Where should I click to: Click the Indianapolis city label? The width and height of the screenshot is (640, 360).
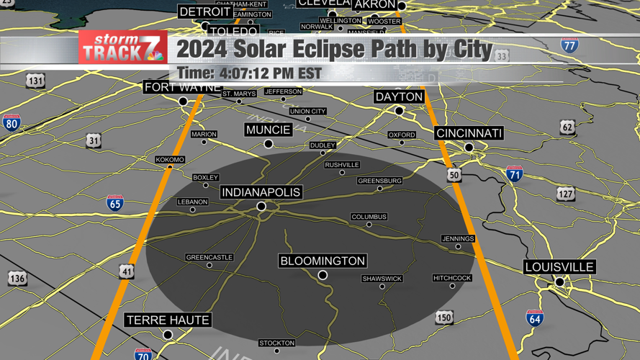[x=261, y=192]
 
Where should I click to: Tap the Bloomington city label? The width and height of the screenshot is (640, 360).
[x=323, y=261]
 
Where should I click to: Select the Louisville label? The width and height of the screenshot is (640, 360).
[x=559, y=267]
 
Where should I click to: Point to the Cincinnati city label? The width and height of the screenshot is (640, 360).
[x=469, y=133]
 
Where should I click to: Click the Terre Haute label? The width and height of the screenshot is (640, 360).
[x=168, y=320]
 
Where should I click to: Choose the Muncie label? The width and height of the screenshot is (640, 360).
[x=268, y=130]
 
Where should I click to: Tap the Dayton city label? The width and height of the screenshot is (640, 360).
[x=399, y=96]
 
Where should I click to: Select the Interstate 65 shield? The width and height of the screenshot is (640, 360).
[x=115, y=202]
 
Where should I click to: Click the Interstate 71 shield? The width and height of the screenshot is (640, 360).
[x=514, y=174]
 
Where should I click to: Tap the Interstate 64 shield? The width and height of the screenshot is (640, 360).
[x=534, y=318]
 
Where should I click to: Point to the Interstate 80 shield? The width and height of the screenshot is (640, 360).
[x=11, y=122]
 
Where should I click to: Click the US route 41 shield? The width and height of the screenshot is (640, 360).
[x=127, y=271]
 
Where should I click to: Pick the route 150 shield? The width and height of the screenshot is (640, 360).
[x=444, y=318]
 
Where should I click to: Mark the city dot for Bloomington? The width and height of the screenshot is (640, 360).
[x=323, y=275]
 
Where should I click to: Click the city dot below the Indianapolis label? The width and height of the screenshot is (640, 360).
[x=261, y=207]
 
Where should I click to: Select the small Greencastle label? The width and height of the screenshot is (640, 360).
[x=209, y=257]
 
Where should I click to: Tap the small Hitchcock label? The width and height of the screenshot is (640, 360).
[x=452, y=278]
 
